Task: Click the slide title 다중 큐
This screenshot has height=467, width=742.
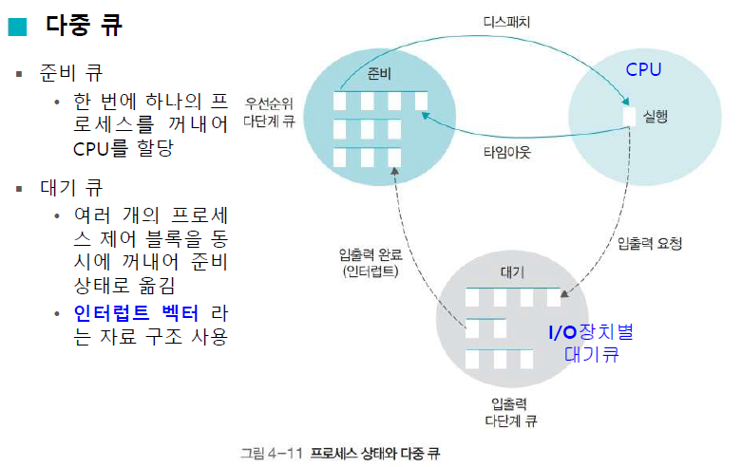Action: coord(84,26)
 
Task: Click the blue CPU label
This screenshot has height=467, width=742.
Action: coord(643,70)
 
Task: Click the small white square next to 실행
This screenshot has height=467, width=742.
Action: coord(629,115)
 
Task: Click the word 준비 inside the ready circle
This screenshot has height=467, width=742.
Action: coord(379,76)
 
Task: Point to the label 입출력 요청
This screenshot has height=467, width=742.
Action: coord(650,244)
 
